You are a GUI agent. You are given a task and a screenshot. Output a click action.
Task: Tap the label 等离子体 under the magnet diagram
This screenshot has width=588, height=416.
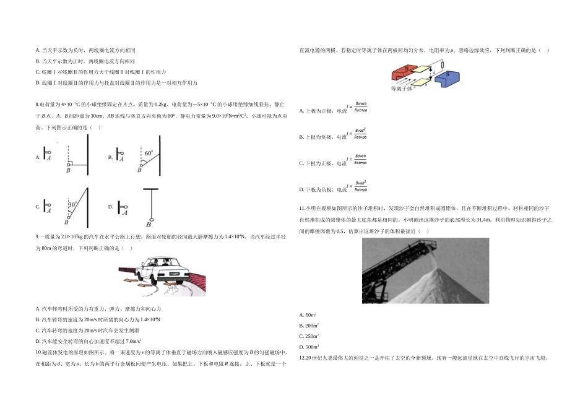pos(402,89)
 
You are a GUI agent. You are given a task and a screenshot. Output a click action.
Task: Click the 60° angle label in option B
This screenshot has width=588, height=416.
pos(148,151)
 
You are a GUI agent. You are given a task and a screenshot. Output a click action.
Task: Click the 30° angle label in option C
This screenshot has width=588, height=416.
pos(73,204)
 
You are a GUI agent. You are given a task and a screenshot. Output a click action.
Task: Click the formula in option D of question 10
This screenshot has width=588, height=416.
pos(357,186)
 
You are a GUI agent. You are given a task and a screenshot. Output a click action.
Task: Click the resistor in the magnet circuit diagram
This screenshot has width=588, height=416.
pos(442,65)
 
